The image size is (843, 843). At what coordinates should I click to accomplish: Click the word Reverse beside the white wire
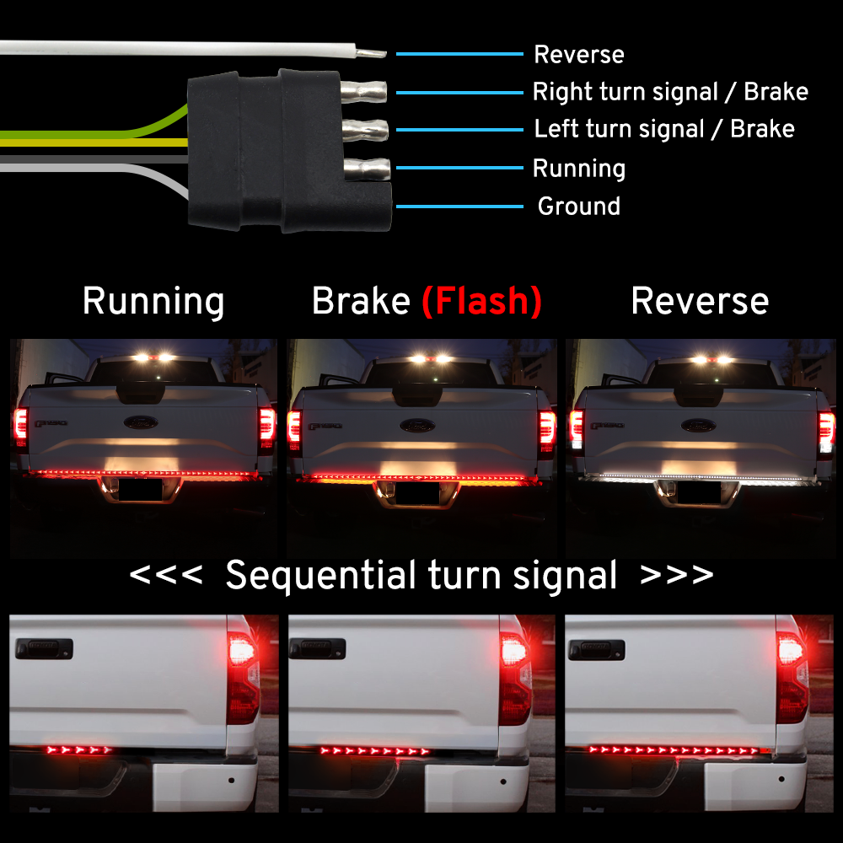point(579,55)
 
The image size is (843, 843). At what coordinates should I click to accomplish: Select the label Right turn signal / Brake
point(670,92)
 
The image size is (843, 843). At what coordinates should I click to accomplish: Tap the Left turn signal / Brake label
point(664,129)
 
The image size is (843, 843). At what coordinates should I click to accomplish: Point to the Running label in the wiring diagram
point(579,169)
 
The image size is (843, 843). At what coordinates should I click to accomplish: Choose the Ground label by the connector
point(579,207)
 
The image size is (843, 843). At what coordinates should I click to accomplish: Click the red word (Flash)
point(481,302)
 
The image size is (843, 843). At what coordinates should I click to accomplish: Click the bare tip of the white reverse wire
point(372,53)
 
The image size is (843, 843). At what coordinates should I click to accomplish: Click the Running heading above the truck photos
point(153,302)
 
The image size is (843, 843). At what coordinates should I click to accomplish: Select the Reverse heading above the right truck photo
point(700,302)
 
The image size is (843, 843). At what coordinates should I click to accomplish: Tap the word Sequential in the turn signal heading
point(321,576)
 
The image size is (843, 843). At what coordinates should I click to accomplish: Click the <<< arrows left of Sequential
point(166,576)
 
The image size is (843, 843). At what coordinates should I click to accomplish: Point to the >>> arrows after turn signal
point(677,576)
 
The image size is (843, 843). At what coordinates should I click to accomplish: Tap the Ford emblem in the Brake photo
point(419,424)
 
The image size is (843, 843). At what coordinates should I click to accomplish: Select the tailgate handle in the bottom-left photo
point(44,648)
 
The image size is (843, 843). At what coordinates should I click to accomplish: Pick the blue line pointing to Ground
point(459,207)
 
